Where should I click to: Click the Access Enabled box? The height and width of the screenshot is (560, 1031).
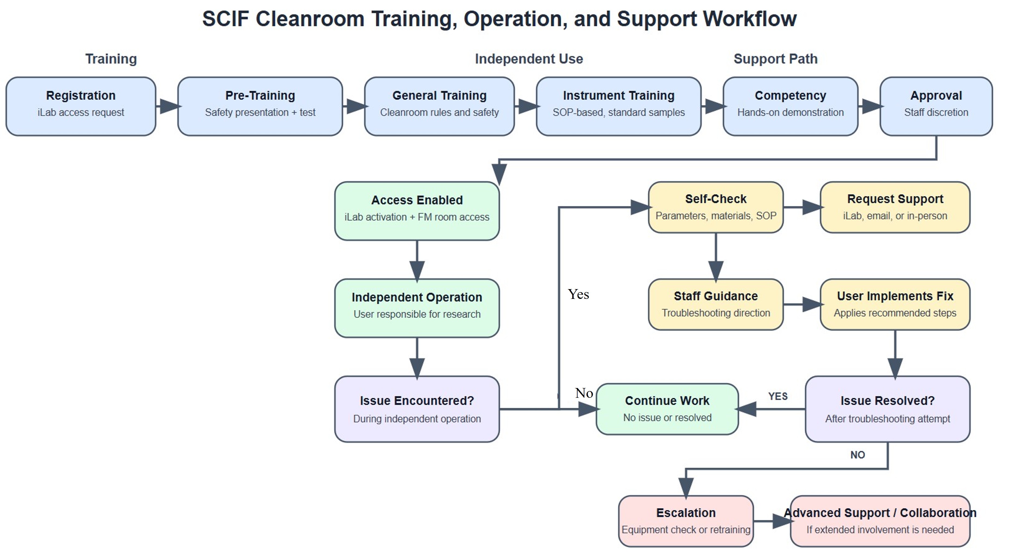click(417, 211)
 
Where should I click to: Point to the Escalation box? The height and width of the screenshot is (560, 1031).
click(686, 521)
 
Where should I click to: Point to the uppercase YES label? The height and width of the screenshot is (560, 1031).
click(778, 396)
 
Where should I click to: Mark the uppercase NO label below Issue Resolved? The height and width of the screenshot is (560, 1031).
click(857, 455)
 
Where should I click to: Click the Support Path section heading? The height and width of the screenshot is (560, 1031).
click(775, 59)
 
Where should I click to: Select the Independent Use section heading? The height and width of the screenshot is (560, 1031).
click(529, 59)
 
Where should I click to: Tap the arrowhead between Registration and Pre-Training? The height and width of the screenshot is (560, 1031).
click(169, 106)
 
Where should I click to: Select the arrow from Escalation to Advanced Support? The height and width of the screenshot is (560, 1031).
click(772, 521)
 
